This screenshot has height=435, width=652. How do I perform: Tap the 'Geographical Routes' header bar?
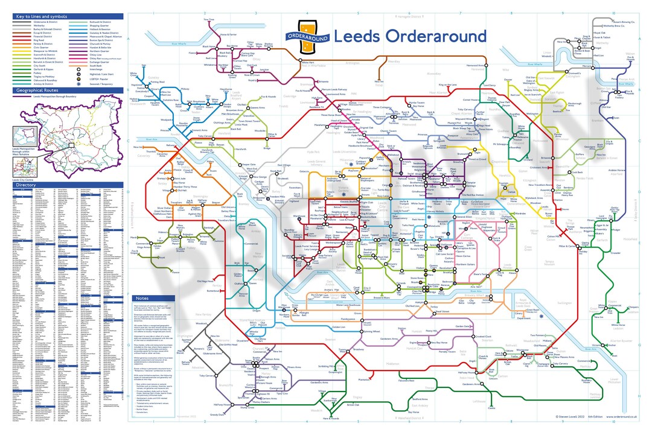37,90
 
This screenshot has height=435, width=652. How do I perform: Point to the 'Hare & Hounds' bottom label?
330,418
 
